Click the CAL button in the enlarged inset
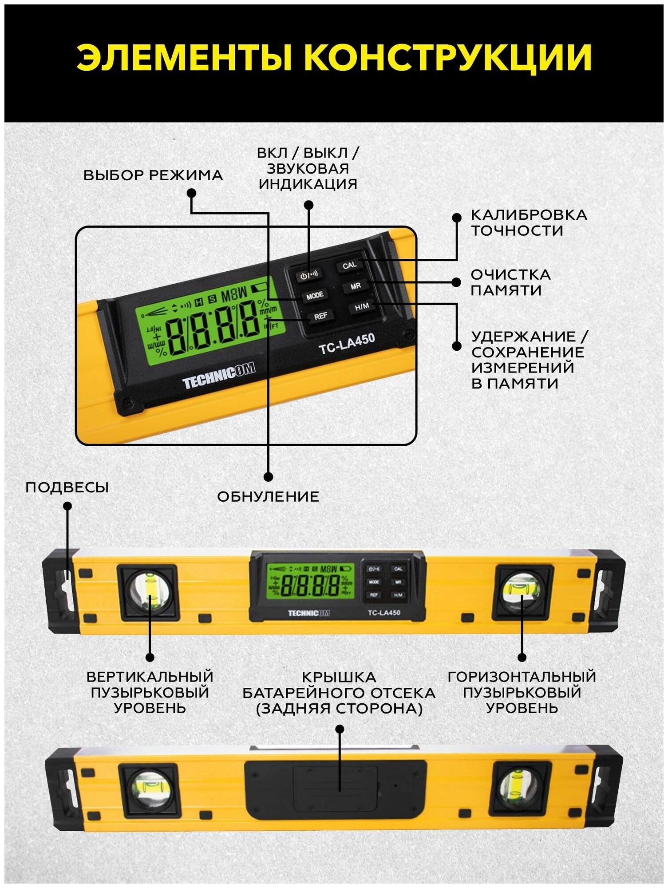pyautogui.click(x=349, y=265)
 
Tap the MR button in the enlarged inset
pyautogui.click(x=356, y=286)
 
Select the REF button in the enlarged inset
pyautogui.click(x=320, y=316)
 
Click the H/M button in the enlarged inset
pyautogui.click(x=362, y=307)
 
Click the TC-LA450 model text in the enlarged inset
pyautogui.click(x=347, y=344)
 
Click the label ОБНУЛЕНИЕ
pyautogui.click(x=268, y=496)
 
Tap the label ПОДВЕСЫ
pyautogui.click(x=67, y=487)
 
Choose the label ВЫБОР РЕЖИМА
pyautogui.click(x=153, y=175)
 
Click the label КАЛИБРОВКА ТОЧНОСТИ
pyautogui.click(x=528, y=222)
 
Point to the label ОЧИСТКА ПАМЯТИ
pyautogui.click(x=510, y=282)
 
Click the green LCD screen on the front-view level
pyautogui.click(x=309, y=581)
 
